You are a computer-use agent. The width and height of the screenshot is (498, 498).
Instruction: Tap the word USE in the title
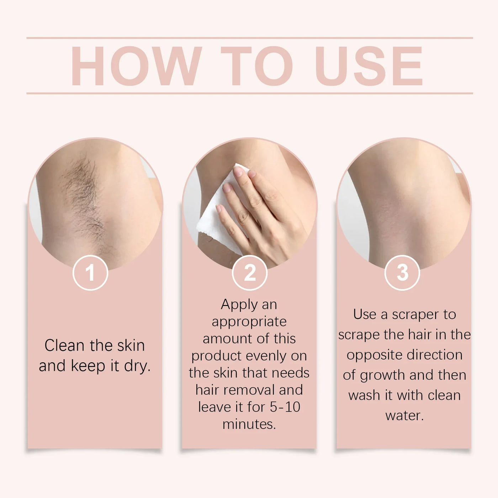[x=369, y=67]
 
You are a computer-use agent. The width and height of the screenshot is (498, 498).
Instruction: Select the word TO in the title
[x=257, y=67]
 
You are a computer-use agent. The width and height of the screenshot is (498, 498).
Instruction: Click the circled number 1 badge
[x=90, y=273]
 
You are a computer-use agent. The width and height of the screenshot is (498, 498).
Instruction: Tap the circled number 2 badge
[x=249, y=273]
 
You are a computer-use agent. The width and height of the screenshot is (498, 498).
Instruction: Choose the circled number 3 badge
[x=402, y=273]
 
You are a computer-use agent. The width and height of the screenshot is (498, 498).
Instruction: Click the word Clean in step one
[x=64, y=345]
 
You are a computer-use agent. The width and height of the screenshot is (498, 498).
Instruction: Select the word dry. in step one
[x=137, y=366]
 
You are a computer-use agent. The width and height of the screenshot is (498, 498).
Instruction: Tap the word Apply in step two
[x=239, y=305]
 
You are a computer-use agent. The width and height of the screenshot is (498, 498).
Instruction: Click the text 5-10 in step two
[x=285, y=407]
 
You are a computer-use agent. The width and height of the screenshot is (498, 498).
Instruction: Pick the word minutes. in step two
[x=249, y=424]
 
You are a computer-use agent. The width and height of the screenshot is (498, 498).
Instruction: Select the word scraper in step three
[x=415, y=315]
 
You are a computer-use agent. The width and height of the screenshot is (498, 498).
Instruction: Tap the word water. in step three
[x=404, y=415]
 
